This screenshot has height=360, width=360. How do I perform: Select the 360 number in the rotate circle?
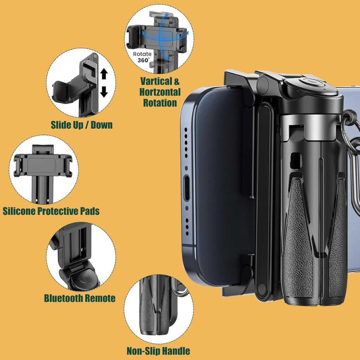(143, 60)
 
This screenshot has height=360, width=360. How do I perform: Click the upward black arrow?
(104, 74)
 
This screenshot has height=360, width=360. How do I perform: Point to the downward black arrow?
(104, 91)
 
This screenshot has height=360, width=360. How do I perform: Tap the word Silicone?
(19, 211)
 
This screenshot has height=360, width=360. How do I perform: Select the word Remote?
(100, 298)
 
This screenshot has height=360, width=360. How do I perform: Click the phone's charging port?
(187, 188)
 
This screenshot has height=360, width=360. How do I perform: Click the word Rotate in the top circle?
(142, 54)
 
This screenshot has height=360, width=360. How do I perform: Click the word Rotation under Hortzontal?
(160, 103)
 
